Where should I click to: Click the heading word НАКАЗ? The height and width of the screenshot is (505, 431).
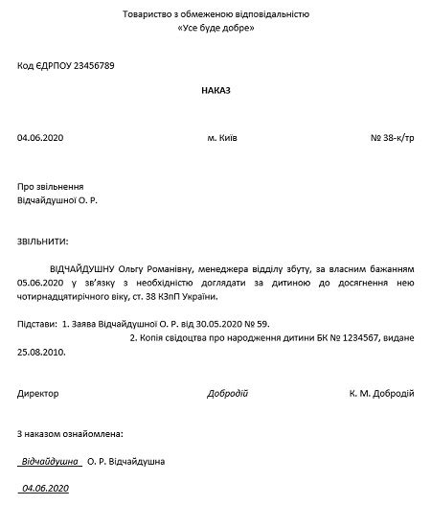click(215, 89)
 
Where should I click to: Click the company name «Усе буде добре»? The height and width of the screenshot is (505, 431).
click(215, 29)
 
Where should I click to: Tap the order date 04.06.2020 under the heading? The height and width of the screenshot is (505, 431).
click(37, 138)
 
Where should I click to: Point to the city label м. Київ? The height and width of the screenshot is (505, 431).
click(222, 138)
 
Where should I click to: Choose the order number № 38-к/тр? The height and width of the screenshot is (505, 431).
click(392, 138)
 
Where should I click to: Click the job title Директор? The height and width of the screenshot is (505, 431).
click(38, 394)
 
